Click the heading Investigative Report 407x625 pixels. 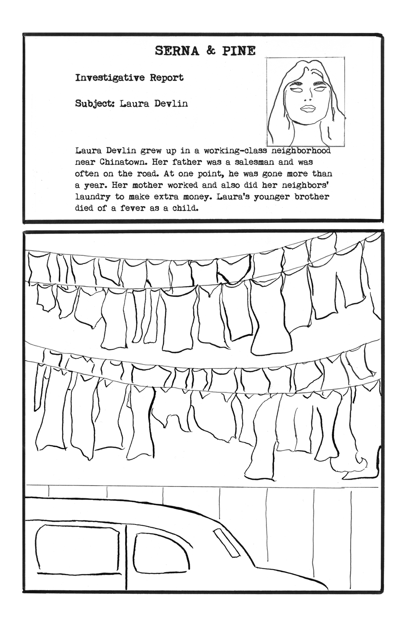(129, 77)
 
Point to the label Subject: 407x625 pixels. (94, 104)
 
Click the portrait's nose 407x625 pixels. (308, 97)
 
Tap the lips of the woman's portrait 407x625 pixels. (307, 109)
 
